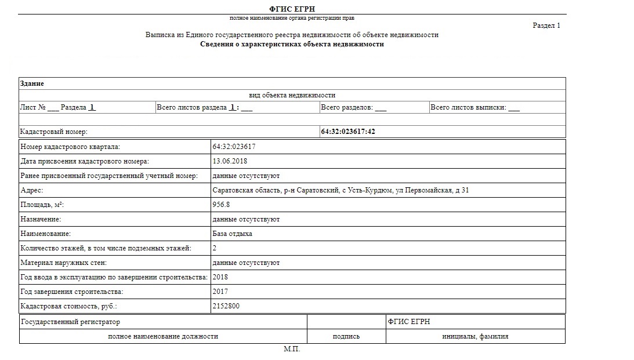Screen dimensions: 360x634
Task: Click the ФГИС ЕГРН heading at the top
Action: [292, 9]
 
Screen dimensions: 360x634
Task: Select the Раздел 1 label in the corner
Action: [546, 26]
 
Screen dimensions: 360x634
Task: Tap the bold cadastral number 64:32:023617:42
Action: [348, 132]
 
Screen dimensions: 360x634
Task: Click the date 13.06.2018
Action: [230, 161]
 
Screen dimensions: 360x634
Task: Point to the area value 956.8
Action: [221, 205]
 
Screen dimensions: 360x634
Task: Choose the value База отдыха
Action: [232, 234]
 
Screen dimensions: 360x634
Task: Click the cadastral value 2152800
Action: [226, 306]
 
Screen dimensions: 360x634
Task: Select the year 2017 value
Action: [220, 292]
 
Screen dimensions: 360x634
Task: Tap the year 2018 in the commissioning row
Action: [220, 277]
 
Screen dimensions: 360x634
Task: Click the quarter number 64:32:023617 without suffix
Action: [234, 147]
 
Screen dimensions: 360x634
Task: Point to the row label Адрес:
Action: [32, 190]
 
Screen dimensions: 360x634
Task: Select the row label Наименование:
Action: [45, 234]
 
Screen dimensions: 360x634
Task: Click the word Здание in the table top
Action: [32, 83]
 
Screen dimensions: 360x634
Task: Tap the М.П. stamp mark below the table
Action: [292, 350]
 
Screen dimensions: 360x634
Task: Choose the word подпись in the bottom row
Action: [346, 336]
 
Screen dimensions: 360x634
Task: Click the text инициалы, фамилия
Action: [475, 336]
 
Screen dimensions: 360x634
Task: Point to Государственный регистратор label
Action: [70, 322]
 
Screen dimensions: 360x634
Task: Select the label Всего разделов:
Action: [347, 107]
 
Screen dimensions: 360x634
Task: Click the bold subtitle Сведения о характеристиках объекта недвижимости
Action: [292, 44]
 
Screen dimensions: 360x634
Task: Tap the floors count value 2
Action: [215, 248]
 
